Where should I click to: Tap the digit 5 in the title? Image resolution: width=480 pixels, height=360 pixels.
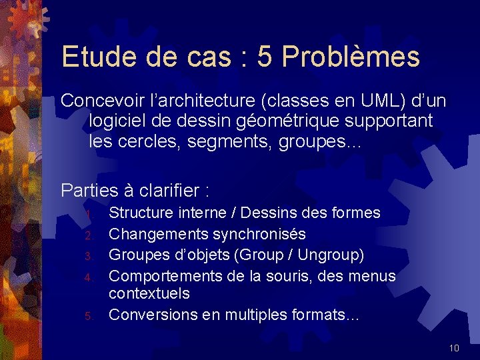click(x=264, y=57)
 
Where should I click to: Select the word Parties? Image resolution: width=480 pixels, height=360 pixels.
click(x=87, y=191)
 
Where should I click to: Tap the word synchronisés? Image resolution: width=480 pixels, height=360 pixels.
click(x=258, y=234)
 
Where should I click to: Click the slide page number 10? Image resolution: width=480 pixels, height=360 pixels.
click(x=454, y=348)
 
